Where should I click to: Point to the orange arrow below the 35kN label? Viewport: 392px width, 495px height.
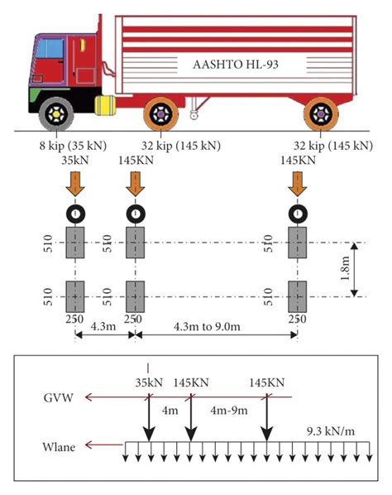pos(75,183)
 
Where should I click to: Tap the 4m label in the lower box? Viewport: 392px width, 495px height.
pos(170,410)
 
